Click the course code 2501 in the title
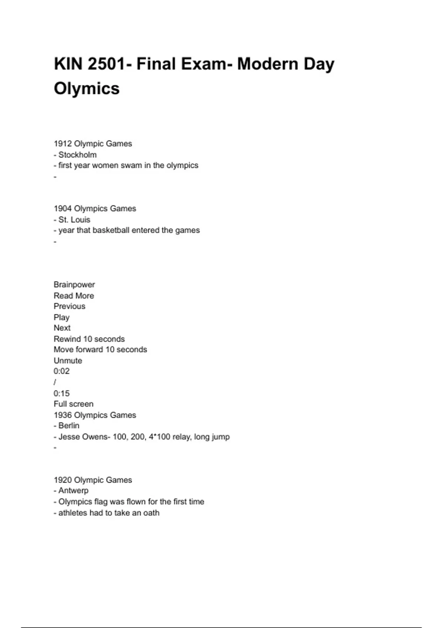106,64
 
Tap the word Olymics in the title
87,89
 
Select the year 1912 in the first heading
63,144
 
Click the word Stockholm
78,155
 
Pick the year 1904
63,209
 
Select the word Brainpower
74,285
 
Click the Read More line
74,296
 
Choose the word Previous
69,306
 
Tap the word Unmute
68,361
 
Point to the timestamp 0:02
62,371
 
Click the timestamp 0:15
62,393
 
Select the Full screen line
73,404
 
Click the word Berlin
69,426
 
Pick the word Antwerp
73,491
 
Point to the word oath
151,513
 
